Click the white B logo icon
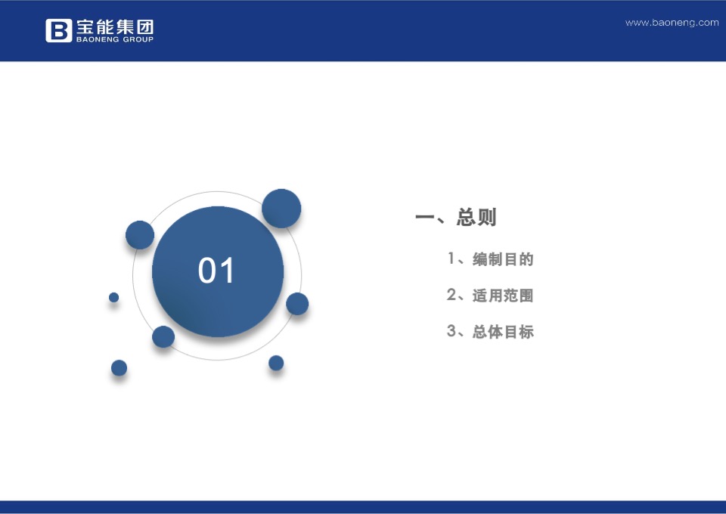tap(58, 30)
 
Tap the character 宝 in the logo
tap(85, 26)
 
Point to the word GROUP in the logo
tap(136, 39)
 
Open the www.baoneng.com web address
tap(672, 23)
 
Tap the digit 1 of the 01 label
tap(228, 271)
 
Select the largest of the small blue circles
tap(281, 209)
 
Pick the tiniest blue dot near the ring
tap(114, 297)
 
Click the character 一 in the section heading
tap(424, 218)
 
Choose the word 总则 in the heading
tap(476, 218)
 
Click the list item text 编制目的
tap(503, 259)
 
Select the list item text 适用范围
tap(503, 296)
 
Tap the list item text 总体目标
tap(503, 332)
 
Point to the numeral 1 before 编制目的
tap(451, 259)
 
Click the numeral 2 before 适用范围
tap(451, 295)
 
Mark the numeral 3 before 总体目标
tap(451, 331)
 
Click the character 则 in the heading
tap(487, 218)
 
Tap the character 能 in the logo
tap(104, 26)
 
